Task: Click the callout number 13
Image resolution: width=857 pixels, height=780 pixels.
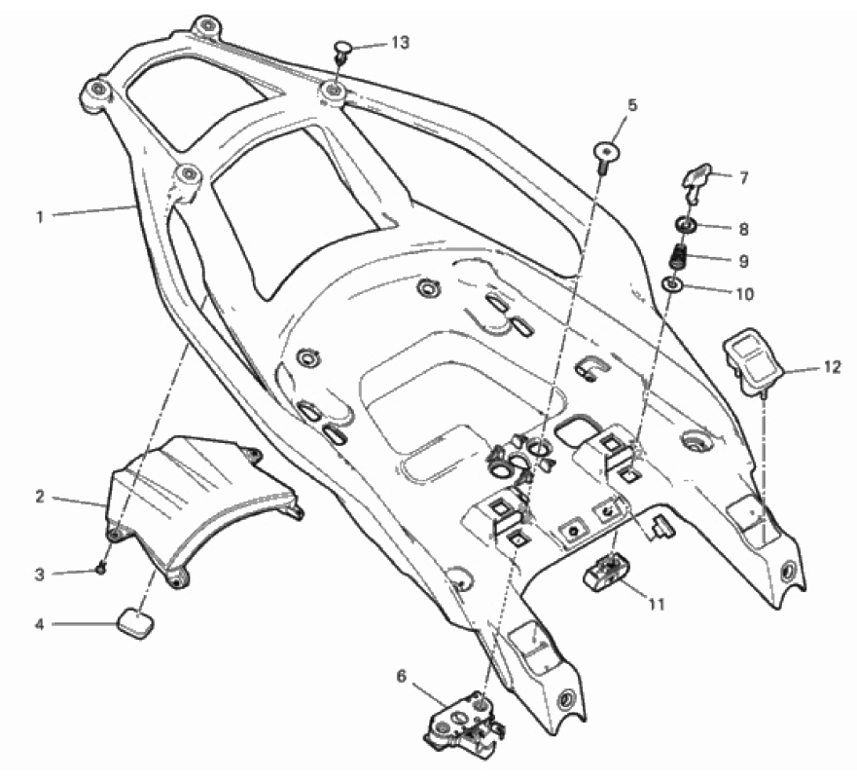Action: pos(399,44)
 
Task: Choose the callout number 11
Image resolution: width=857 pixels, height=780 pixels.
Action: pos(657,605)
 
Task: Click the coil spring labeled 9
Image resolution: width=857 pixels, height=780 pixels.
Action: pos(682,260)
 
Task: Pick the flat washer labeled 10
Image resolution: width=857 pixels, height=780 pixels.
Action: pos(673,286)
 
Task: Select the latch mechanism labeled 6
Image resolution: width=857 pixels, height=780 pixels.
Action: pos(465,721)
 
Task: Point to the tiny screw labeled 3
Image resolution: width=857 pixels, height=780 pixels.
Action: pos(100,569)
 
